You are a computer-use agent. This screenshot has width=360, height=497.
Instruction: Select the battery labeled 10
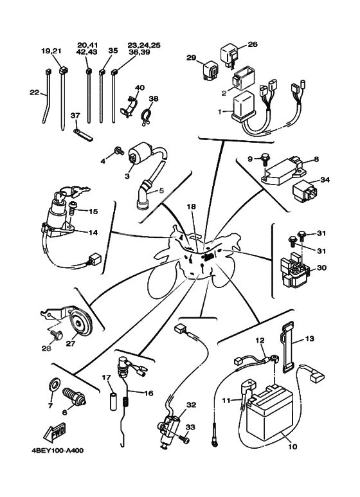(271, 411)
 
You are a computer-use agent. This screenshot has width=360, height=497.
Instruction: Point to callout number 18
(191, 206)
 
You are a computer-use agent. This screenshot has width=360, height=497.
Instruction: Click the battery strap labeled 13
(287, 347)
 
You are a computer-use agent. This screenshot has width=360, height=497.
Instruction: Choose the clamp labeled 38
(146, 117)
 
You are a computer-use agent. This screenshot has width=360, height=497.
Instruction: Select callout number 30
(321, 268)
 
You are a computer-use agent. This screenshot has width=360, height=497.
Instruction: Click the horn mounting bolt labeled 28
(57, 335)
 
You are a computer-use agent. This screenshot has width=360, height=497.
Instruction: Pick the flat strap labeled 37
(83, 134)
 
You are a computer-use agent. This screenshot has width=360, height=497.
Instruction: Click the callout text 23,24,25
(144, 45)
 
